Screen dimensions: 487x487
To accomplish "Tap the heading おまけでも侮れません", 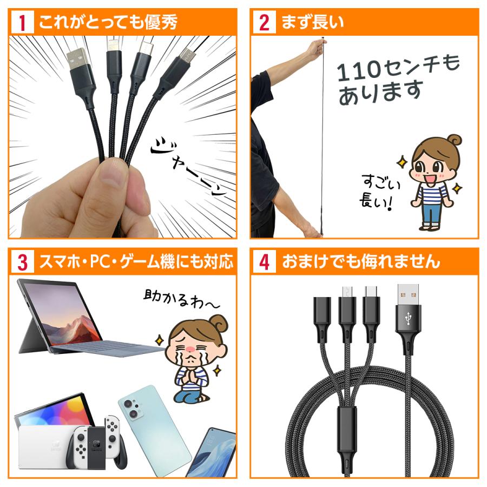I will coord(360,262).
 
